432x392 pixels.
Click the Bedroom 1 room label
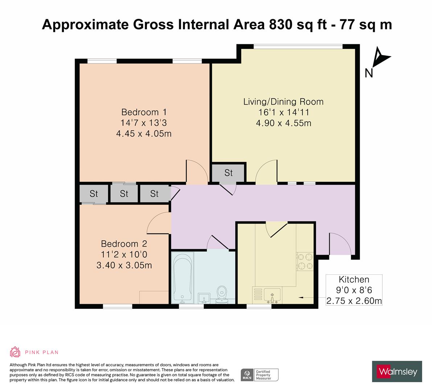(144, 112)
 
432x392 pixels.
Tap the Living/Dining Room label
(283, 102)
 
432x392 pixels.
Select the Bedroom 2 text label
(124, 244)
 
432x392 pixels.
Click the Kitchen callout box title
(354, 279)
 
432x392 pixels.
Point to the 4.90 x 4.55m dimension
(283, 123)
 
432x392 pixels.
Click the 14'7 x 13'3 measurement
(144, 123)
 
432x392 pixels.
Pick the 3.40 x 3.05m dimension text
(124, 265)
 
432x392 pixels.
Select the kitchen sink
(272, 295)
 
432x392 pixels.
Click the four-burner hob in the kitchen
(305, 262)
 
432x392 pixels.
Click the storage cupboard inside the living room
(229, 173)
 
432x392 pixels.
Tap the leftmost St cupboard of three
(94, 194)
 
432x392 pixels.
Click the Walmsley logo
(397, 371)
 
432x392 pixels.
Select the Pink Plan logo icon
(15, 352)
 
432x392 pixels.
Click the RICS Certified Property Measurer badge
(260, 375)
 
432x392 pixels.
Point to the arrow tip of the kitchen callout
(300, 298)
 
